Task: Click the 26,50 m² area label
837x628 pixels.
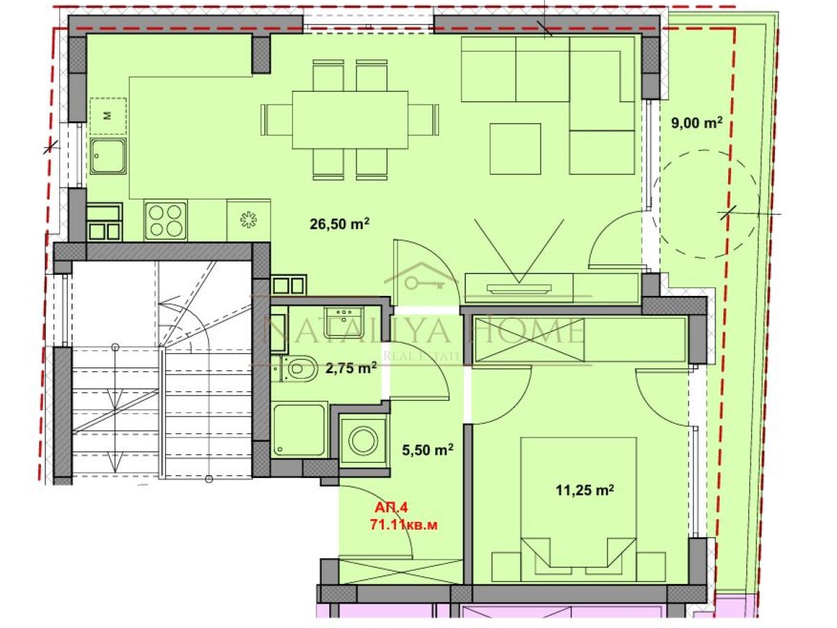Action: click(339, 224)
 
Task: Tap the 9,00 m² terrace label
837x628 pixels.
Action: click(696, 123)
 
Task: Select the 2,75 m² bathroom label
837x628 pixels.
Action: click(351, 368)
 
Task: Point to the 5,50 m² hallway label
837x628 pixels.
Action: click(428, 450)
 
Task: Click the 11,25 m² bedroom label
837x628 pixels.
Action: click(585, 490)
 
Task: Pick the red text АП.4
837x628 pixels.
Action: click(391, 507)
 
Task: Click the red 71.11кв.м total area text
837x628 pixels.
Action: click(403, 525)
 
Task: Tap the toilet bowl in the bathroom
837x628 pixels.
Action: click(300, 368)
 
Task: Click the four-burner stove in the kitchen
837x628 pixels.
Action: click(165, 220)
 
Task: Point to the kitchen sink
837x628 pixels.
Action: click(108, 156)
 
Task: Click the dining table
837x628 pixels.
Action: click(350, 120)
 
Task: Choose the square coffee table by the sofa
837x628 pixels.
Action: click(515, 149)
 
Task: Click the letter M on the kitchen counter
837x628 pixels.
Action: click(108, 115)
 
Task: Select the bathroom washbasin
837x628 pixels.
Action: click(344, 322)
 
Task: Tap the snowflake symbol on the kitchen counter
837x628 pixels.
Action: click(248, 220)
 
